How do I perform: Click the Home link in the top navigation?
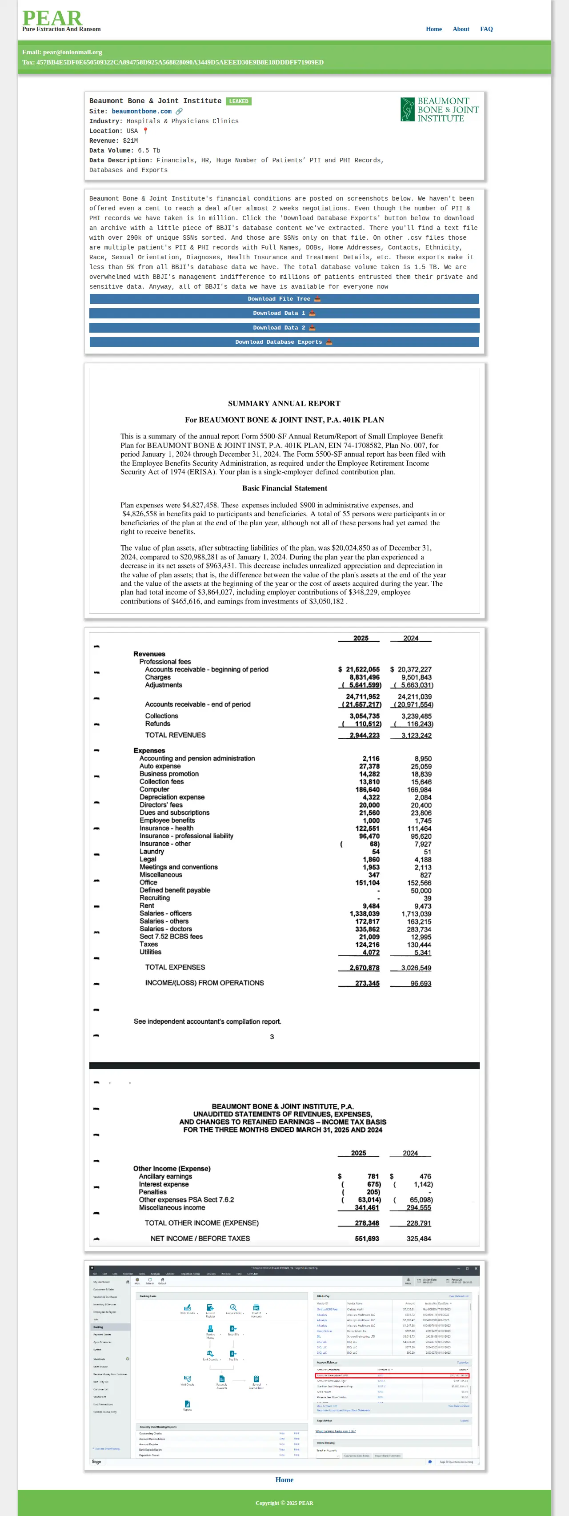coord(434,29)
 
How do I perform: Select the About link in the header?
coord(461,29)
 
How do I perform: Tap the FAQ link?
coord(486,29)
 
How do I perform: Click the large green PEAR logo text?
coord(52,18)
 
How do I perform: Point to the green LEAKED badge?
coord(238,101)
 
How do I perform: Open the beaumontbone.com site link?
coord(142,111)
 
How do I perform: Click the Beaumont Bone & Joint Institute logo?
coord(440,109)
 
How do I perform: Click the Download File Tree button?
coord(284,299)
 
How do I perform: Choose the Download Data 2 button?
coord(284,328)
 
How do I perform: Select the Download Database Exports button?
coord(284,342)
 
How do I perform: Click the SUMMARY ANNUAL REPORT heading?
coord(284,404)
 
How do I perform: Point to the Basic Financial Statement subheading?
coord(284,488)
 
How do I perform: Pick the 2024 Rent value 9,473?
coord(422,906)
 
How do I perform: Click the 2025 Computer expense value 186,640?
coord(367,790)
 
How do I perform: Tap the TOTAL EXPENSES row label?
coord(175,968)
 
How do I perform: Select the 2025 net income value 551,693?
coord(367,1239)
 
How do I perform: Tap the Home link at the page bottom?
coord(284,1480)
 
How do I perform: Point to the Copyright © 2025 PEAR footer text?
coord(284,1503)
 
